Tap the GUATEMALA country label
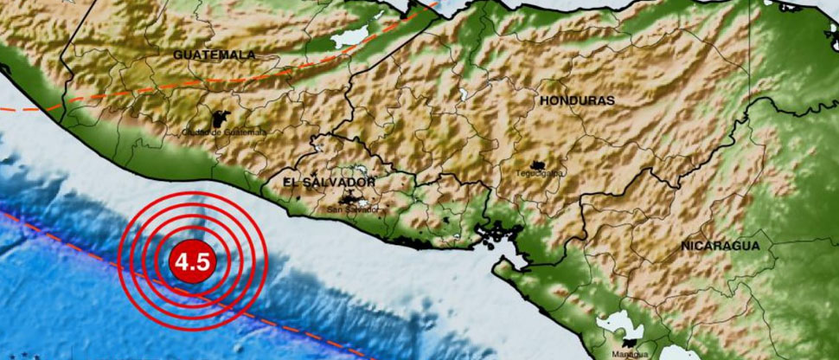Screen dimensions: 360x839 tap(215, 55)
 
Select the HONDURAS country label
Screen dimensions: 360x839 tap(577, 100)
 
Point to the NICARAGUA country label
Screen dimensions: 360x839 tap(720, 246)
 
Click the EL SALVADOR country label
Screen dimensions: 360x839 tap(330, 183)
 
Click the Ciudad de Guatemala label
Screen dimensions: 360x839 tap(224, 132)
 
